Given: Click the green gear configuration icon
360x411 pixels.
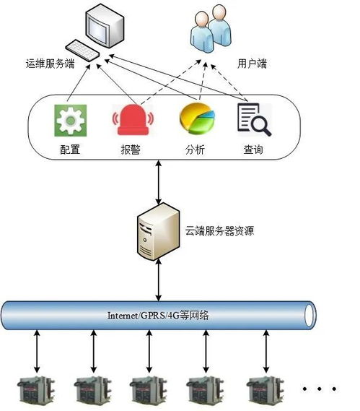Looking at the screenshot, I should pyautogui.click(x=70, y=121).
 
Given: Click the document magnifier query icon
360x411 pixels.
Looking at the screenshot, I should pyautogui.click(x=253, y=120).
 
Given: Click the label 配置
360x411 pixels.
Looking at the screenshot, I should pyautogui.click(x=70, y=150).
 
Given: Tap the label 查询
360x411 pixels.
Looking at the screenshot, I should pyautogui.click(x=253, y=150).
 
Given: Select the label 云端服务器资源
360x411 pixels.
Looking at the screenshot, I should pyautogui.click(x=219, y=232).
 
